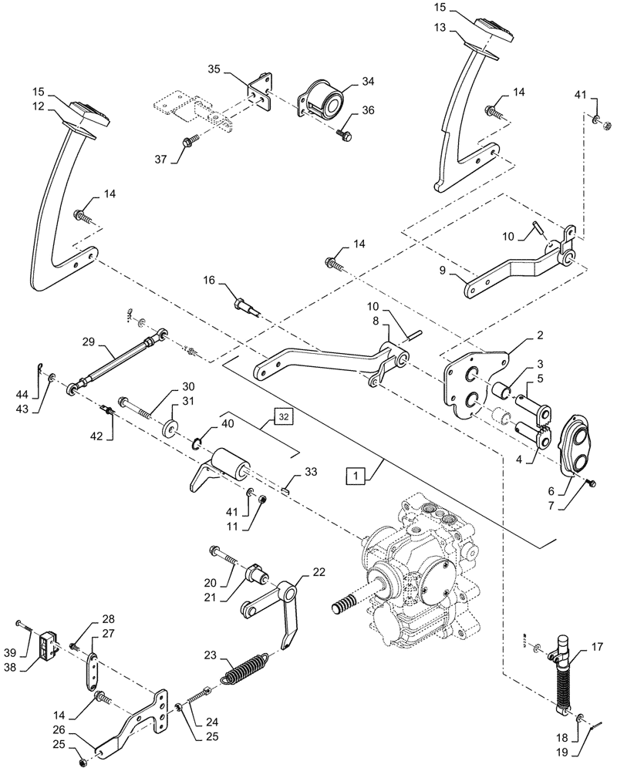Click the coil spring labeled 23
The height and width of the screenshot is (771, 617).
coord(245,668)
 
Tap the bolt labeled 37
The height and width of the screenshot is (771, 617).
coord(187,143)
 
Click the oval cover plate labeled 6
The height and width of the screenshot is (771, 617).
coord(573,443)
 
